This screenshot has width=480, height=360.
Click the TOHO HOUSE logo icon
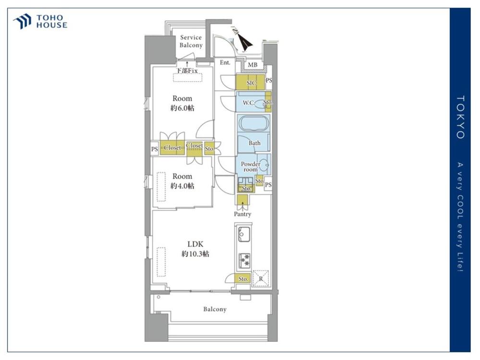pyautogui.click(x=22, y=21)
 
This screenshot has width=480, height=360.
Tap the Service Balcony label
pyautogui.click(x=191, y=41)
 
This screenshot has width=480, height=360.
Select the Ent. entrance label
pyautogui.click(x=225, y=62)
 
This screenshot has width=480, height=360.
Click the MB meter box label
pyautogui.click(x=252, y=65)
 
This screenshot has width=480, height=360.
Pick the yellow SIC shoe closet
pyautogui.click(x=251, y=82)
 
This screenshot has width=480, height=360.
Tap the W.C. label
pyautogui.click(x=249, y=103)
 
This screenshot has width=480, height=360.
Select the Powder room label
pyautogui.click(x=251, y=167)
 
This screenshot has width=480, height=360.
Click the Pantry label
pyautogui.click(x=242, y=214)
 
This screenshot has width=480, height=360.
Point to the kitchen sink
pyautogui.click(x=244, y=234)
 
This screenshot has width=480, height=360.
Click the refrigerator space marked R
pyautogui.click(x=261, y=278)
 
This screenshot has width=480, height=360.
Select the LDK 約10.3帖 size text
pyautogui.click(x=195, y=249)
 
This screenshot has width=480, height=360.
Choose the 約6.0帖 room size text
pyautogui.click(x=182, y=108)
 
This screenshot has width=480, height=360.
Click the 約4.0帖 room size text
pyautogui.click(x=182, y=186)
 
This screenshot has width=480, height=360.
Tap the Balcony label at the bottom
pyautogui.click(x=215, y=309)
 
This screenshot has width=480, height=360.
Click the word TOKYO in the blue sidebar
pyautogui.click(x=460, y=117)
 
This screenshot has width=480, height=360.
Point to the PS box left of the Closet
pyautogui.click(x=155, y=149)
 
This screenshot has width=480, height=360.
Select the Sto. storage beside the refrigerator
pyautogui.click(x=243, y=278)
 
